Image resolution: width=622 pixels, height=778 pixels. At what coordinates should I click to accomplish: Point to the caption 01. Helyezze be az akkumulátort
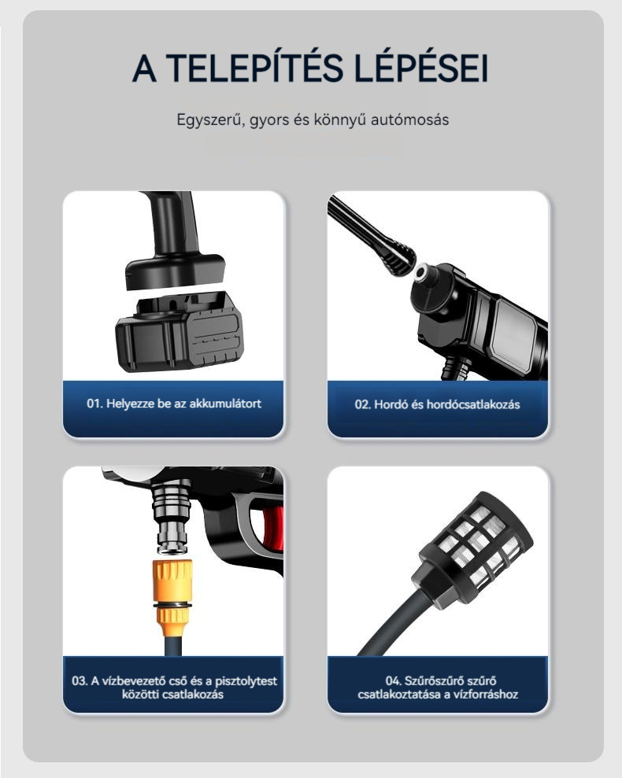[x=173, y=404]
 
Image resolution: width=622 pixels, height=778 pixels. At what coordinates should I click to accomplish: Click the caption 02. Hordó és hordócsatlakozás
[x=437, y=404]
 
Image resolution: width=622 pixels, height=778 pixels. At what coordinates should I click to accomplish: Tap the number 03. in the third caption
[x=80, y=680]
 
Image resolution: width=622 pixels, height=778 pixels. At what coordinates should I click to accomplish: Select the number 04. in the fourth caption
[x=394, y=680]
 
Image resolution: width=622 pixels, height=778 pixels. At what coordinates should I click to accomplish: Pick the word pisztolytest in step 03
[x=246, y=681]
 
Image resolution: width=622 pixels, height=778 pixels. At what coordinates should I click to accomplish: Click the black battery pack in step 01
[x=180, y=331]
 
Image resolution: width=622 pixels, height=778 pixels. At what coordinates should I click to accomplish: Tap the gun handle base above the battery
[x=174, y=271]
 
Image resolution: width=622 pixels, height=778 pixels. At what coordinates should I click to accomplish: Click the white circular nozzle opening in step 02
[x=424, y=272]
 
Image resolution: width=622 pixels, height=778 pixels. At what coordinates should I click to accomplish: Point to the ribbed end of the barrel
[x=398, y=259]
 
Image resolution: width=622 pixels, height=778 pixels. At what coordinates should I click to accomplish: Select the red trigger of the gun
[x=272, y=529]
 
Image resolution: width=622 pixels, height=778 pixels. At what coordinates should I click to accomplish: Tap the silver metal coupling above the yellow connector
[x=172, y=518]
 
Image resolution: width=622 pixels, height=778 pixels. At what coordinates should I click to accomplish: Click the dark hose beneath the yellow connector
[x=172, y=647]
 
